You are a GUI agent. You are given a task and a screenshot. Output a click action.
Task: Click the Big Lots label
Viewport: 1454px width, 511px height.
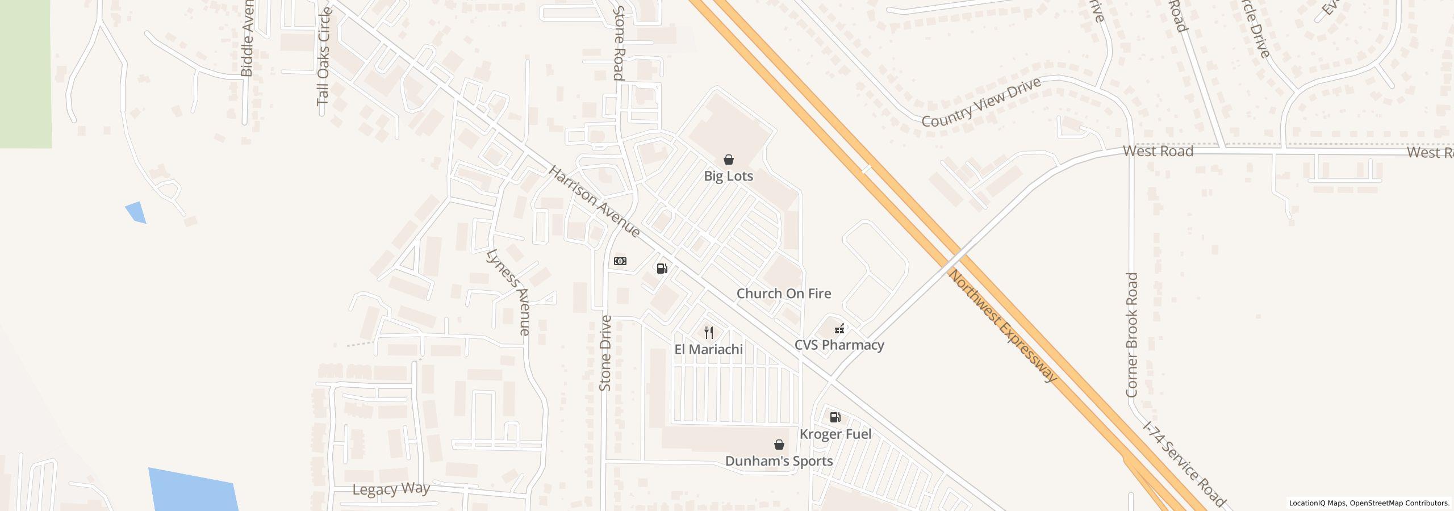[728, 176]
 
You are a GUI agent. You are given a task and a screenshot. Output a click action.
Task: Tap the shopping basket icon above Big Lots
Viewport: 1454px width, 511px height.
[728, 160]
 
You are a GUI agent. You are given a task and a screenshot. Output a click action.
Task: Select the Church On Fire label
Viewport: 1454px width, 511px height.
[783, 294]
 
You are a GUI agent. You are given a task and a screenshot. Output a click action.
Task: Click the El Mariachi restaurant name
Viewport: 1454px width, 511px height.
[708, 349]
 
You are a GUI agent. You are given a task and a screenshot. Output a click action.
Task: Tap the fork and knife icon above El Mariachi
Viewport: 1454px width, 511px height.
[708, 332]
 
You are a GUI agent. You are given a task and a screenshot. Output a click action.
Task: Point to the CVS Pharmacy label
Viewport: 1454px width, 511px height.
[839, 345]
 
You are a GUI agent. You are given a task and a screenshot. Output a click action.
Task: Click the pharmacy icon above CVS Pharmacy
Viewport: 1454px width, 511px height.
[839, 328]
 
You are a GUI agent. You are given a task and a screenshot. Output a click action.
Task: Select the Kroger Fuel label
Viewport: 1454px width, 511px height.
[835, 434]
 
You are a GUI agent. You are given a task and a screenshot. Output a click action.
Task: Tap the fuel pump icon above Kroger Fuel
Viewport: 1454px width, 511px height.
[835, 417]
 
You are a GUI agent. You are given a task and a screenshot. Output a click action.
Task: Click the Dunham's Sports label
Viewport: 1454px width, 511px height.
[779, 461]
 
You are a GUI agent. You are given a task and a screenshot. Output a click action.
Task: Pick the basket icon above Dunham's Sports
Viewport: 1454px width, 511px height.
[779, 445]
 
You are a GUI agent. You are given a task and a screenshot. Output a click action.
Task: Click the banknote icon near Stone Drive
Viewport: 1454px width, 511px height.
[620, 261]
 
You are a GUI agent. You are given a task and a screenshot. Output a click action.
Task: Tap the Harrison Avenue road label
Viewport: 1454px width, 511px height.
[594, 202]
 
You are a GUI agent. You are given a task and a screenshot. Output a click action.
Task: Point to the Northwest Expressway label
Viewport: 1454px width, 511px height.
[1003, 326]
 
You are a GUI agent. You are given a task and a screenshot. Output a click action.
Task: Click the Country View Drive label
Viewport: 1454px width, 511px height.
[981, 102]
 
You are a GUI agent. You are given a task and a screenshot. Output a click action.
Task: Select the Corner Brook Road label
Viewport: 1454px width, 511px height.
[1131, 335]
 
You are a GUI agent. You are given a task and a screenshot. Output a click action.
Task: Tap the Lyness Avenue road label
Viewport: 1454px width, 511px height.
[509, 291]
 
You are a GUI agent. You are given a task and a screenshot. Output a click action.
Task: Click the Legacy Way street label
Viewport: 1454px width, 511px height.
[391, 489]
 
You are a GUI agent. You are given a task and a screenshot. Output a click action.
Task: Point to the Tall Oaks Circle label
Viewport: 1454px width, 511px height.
[324, 57]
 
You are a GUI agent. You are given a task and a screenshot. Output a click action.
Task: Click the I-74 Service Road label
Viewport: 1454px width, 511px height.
[1184, 464]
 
